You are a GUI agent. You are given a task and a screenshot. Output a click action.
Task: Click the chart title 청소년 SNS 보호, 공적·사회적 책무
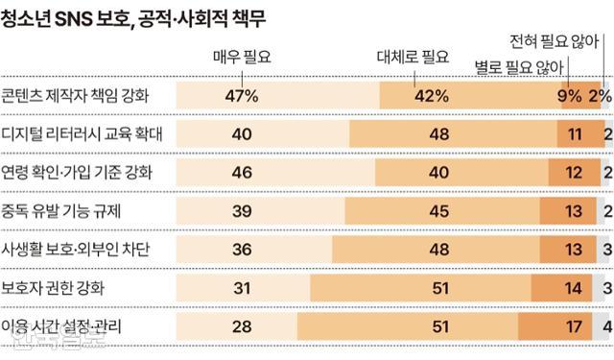coord(134,17)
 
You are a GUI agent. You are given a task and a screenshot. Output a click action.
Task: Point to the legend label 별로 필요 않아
coord(518,68)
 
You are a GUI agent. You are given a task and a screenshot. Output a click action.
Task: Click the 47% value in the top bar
coord(242,95)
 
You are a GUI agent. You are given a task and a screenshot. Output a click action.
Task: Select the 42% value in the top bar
coord(431,95)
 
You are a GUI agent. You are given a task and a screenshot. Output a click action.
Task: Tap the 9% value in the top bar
coord(569,95)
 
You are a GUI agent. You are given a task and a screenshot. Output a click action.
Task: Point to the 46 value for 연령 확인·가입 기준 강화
coord(242,173)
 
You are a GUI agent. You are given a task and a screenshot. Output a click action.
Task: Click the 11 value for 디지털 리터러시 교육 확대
coord(575,134)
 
